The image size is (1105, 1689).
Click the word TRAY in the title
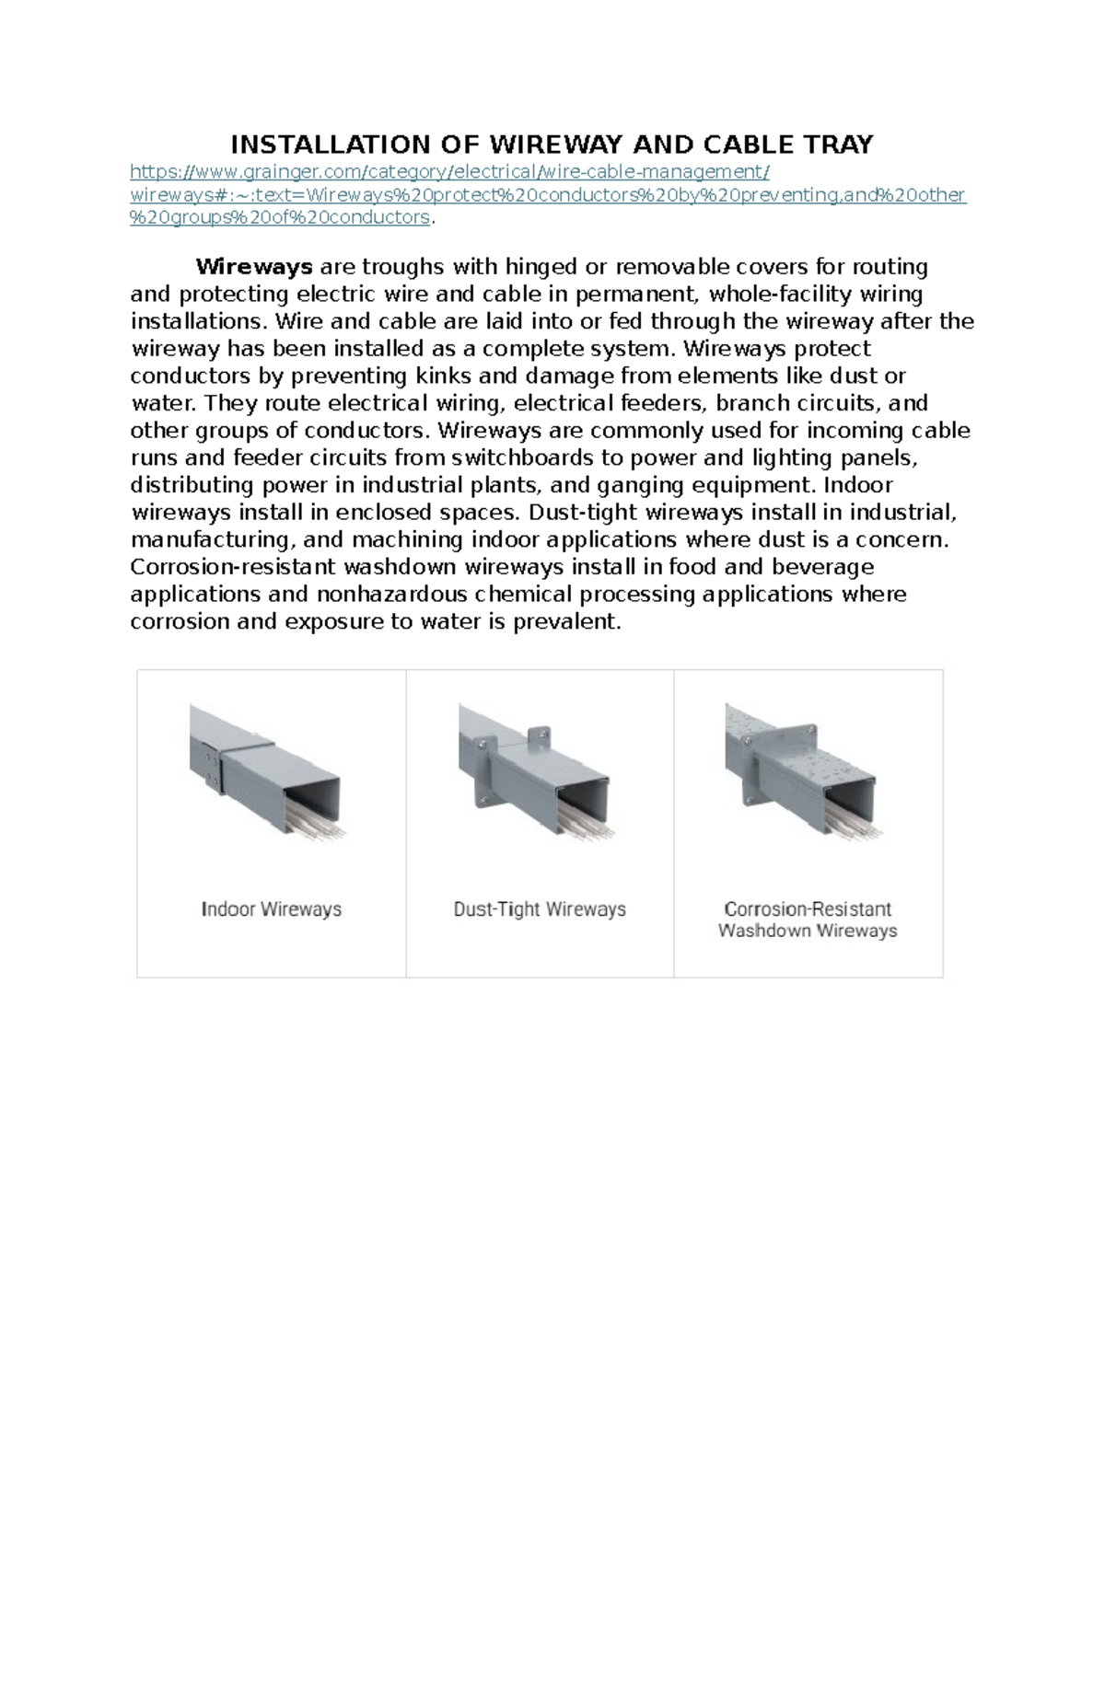[838, 145]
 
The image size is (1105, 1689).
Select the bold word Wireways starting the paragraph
[254, 267]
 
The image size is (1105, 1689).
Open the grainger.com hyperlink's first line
[448, 172]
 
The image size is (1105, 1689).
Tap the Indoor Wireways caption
[271, 909]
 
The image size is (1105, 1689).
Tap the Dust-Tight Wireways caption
[540, 909]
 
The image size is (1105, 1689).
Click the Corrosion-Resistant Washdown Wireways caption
[808, 920]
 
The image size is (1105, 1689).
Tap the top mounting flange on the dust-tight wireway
[536, 735]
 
